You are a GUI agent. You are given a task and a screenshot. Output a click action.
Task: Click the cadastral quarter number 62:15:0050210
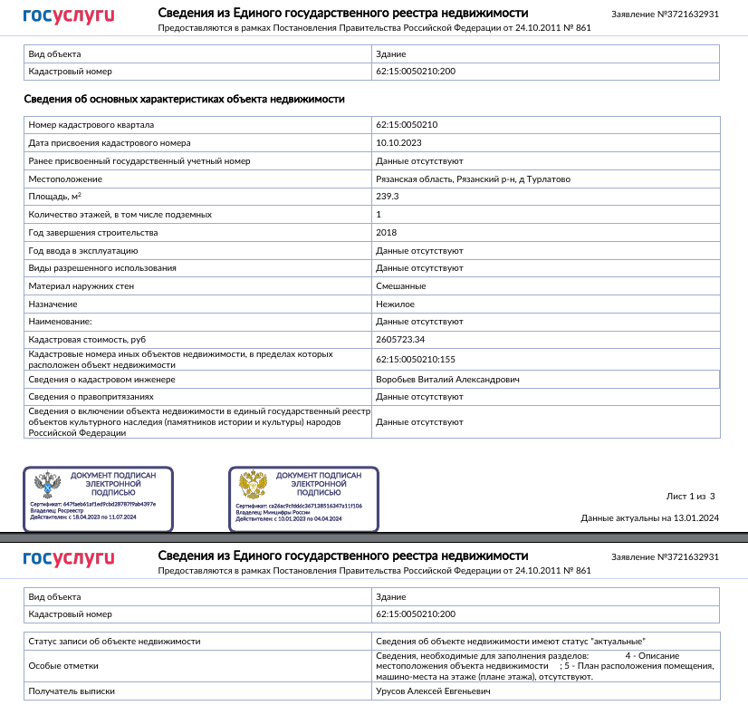pyautogui.click(x=407, y=125)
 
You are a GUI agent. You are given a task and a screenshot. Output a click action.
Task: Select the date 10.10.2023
pyautogui.click(x=398, y=143)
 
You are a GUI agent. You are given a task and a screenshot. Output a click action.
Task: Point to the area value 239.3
pyautogui.click(x=388, y=197)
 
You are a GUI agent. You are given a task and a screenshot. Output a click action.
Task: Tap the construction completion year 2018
pyautogui.click(x=387, y=233)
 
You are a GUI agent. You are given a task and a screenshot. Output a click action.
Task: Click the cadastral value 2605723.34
pyautogui.click(x=400, y=340)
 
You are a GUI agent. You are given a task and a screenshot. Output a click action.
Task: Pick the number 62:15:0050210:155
pyautogui.click(x=415, y=359)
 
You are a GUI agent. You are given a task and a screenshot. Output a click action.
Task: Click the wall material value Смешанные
pyautogui.click(x=400, y=286)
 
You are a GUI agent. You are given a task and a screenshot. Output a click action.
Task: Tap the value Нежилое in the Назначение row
pyautogui.click(x=395, y=304)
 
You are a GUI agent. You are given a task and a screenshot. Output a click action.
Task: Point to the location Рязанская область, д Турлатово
pyautogui.click(x=473, y=179)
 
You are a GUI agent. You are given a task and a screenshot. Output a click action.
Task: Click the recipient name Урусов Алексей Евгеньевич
pyautogui.click(x=433, y=691)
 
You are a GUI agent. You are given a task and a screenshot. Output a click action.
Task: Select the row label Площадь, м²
pyautogui.click(x=55, y=197)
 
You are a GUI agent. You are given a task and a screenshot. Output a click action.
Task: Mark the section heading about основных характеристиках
pyautogui.click(x=184, y=100)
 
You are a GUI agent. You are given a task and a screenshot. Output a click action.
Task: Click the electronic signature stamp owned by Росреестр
pyautogui.click(x=97, y=498)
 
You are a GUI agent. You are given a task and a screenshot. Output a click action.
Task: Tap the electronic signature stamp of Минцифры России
pyautogui.click(x=302, y=498)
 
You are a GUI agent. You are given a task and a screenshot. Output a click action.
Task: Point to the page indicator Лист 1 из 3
pyautogui.click(x=690, y=497)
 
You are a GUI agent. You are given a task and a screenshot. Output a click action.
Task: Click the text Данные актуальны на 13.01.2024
pyautogui.click(x=649, y=518)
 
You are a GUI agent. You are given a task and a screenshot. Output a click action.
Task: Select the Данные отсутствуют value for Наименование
pyautogui.click(x=419, y=322)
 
